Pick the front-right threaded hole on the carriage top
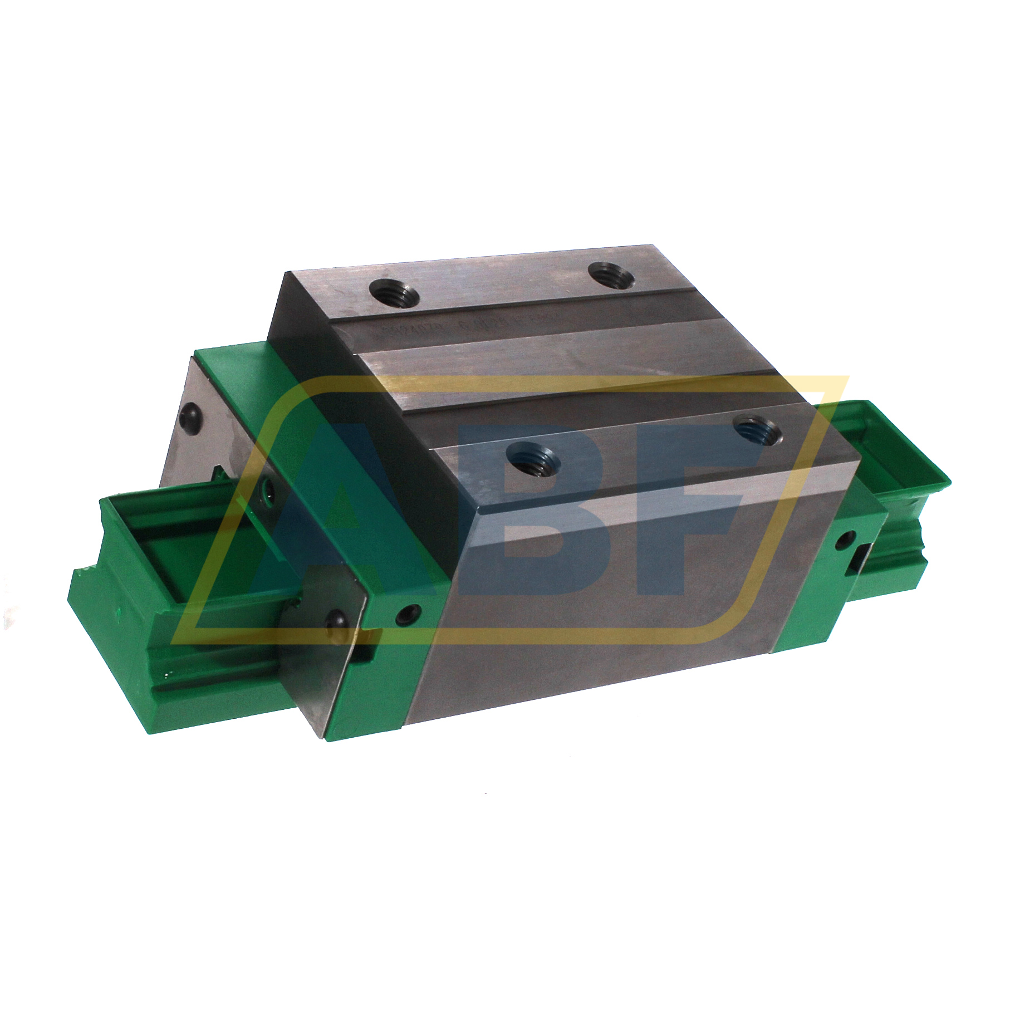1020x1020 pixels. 756,428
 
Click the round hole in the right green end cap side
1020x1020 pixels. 847,537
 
